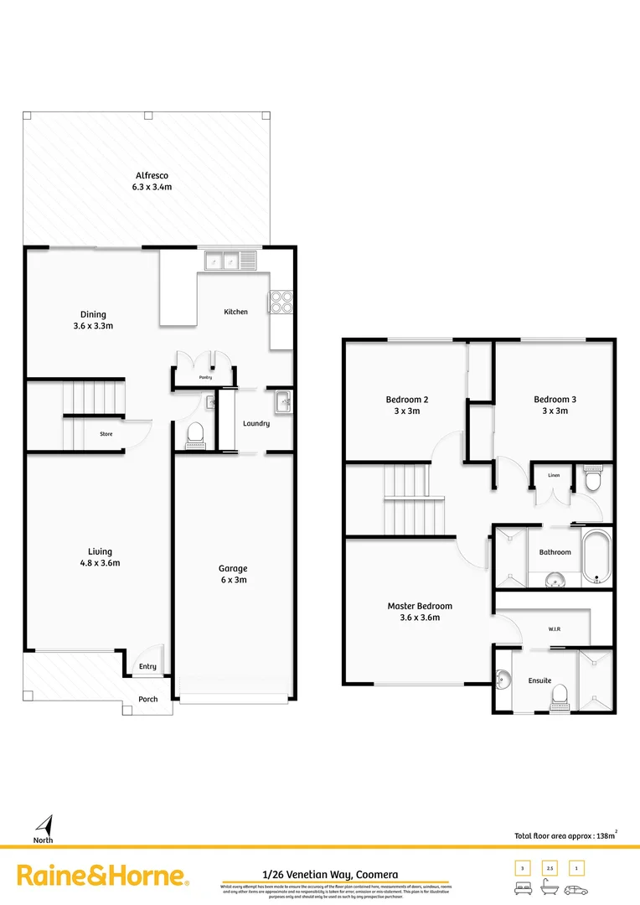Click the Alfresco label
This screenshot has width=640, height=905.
coord(152,176)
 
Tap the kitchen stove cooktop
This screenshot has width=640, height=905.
coord(280,301)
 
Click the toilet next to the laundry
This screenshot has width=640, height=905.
coord(195,433)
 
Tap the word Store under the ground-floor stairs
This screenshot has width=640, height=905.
coord(106,434)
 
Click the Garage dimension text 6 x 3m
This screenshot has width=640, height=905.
coord(233,580)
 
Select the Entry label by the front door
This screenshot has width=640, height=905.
coord(147,667)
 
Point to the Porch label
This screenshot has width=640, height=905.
coord(147,699)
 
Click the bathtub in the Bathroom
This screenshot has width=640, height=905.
coord(596,556)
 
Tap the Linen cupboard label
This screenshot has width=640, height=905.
coord(554,475)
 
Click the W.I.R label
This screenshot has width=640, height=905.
coord(554,629)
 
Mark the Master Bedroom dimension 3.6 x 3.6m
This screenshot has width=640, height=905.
coord(420,618)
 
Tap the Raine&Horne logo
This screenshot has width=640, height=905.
coord(102,877)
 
